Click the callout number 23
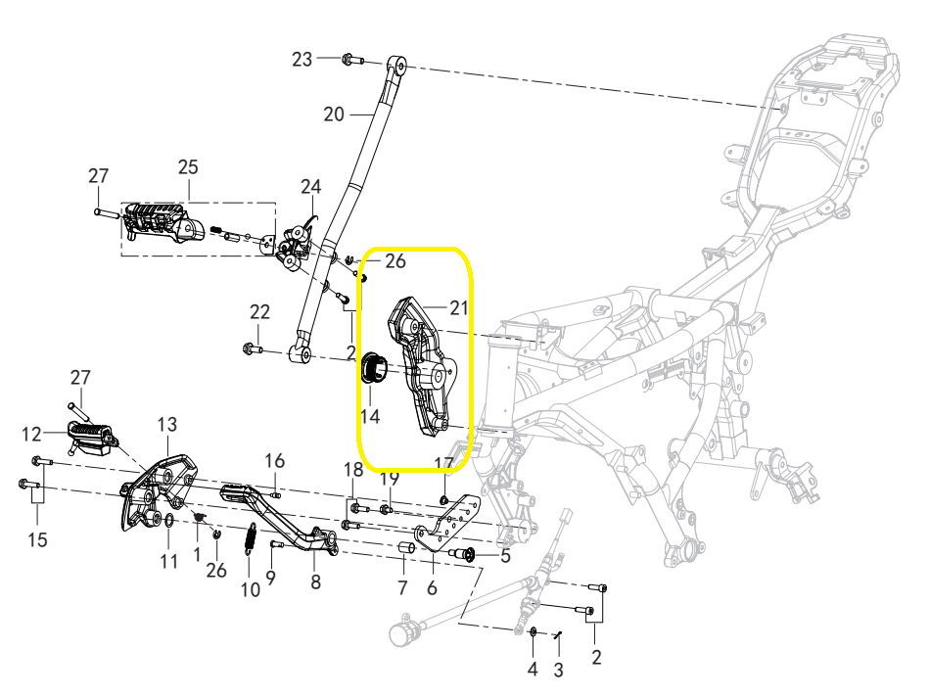pos(302,60)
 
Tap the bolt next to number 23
pos(352,60)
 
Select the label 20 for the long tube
pos(334,114)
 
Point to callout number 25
pos(188,167)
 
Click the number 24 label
pos(310,187)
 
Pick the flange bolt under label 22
pos(253,349)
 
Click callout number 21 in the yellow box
pos(458,307)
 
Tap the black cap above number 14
pos(373,367)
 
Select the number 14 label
pos(370,416)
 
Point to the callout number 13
pos(167,424)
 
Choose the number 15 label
pos(37,540)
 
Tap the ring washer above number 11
pos(168,521)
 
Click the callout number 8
pos(316,582)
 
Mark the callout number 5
pos(505,556)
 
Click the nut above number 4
pos(533,631)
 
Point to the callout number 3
pos(558,671)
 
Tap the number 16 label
pos(274,460)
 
